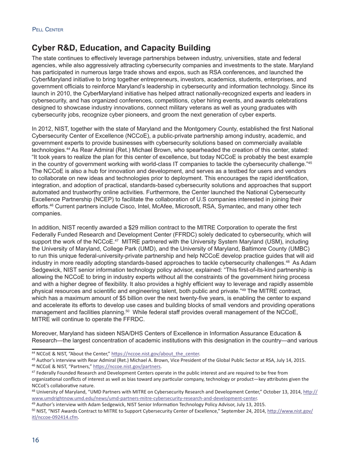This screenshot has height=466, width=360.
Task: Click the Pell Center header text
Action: [48, 30]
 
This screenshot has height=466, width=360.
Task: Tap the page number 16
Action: [35, 440]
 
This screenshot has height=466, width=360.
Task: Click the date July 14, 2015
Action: [290, 360]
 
